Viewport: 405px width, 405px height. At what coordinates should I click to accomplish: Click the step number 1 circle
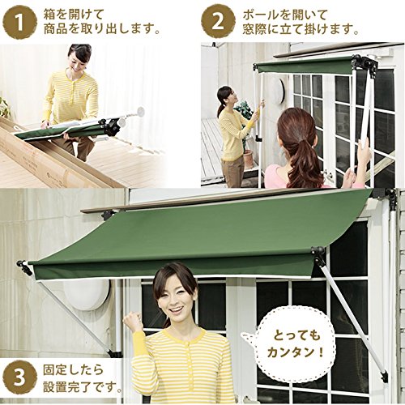click(19, 23)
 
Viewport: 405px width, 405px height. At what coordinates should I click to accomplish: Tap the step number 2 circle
click(218, 23)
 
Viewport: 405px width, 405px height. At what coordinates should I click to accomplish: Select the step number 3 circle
click(19, 379)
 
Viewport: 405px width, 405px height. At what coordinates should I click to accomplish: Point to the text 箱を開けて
click(74, 15)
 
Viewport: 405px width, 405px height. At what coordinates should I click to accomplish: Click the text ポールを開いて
click(285, 15)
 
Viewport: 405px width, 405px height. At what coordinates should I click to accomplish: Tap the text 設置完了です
click(82, 388)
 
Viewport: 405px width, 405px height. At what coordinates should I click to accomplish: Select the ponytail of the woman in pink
click(301, 154)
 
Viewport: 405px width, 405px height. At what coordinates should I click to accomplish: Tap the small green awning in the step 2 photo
click(305, 65)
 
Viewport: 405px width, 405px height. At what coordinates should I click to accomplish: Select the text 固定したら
click(74, 370)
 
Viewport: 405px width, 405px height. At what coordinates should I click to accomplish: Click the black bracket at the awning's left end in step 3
click(25, 268)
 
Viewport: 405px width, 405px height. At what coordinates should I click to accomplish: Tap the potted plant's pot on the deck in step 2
click(249, 160)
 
